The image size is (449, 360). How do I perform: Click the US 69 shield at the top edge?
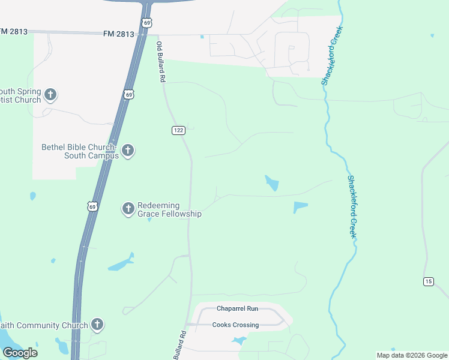[146, 22]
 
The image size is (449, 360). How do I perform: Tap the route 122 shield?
[178, 131]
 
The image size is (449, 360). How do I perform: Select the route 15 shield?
[428, 281]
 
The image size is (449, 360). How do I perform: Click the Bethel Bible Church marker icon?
[127, 151]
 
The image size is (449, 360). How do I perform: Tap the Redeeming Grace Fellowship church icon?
[128, 208]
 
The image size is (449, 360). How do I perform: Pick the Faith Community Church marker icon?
[97, 325]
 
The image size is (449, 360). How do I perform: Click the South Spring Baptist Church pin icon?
[50, 94]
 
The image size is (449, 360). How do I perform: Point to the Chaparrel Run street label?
[237, 308]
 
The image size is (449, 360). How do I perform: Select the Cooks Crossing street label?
[236, 325]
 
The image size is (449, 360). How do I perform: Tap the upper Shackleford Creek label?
[333, 55]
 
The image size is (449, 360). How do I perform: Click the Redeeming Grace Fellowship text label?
[169, 209]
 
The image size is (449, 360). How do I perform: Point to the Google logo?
[20, 352]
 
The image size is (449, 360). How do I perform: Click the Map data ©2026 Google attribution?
[411, 355]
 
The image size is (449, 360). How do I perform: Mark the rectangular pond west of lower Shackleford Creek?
[300, 207]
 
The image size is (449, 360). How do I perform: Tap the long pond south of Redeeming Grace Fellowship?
[121, 263]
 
